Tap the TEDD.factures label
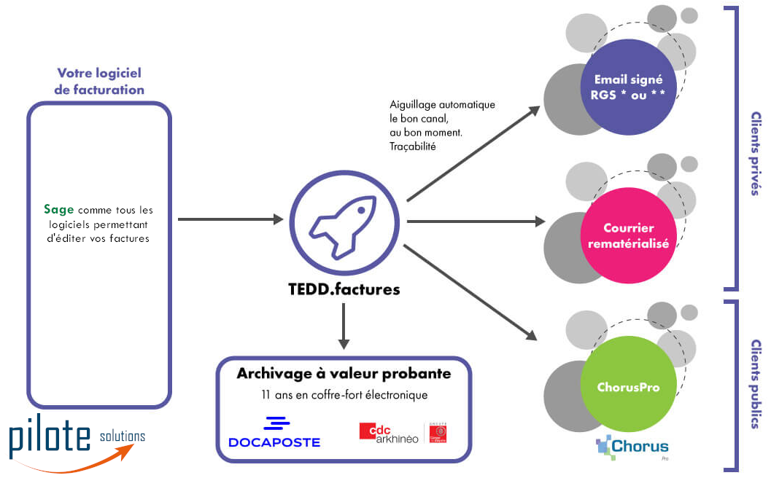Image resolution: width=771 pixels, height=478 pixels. [x=344, y=289]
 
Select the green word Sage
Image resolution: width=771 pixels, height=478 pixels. [x=59, y=210]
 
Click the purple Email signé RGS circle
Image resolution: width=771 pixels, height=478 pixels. [x=629, y=87]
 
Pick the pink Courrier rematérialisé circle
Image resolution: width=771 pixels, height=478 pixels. [x=629, y=235]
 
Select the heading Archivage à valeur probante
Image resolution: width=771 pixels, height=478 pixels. [x=344, y=374]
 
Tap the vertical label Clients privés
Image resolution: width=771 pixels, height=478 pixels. [x=755, y=153]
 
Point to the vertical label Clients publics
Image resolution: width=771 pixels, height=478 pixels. [x=755, y=383]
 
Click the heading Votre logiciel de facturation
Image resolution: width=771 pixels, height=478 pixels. [x=99, y=82]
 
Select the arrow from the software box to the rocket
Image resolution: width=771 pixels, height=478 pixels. [x=230, y=219]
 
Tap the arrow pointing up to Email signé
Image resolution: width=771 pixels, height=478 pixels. [x=473, y=153]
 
